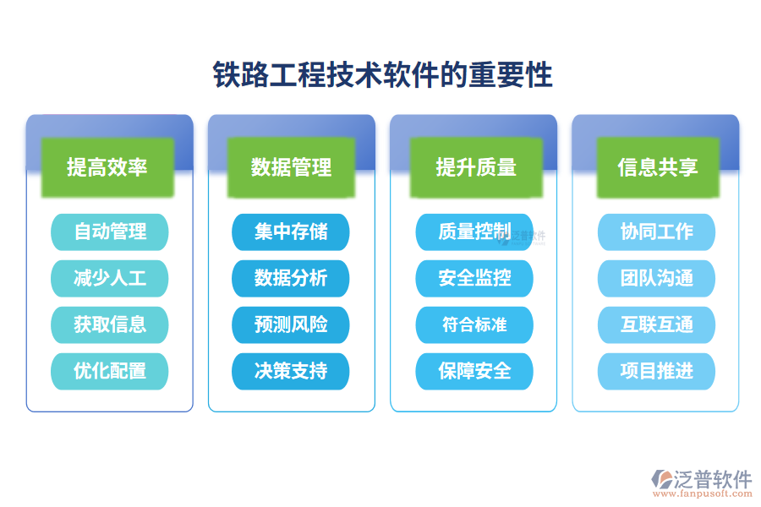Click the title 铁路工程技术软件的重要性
point(382,75)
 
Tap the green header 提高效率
point(107,167)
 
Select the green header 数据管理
point(291,167)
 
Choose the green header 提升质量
point(475,167)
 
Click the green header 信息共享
point(657,167)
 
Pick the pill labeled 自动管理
point(110,232)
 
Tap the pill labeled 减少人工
point(110,278)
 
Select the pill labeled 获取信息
point(110,324)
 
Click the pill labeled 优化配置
point(110,371)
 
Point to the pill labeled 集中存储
point(291,232)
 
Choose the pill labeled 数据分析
point(291,278)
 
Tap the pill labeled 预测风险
point(291,324)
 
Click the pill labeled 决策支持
point(291,371)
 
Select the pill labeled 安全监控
point(474,278)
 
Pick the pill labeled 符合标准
point(474,324)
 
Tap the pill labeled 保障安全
point(474,371)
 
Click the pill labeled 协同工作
point(657,232)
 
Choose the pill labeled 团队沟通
point(657,278)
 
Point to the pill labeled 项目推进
point(657,371)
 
